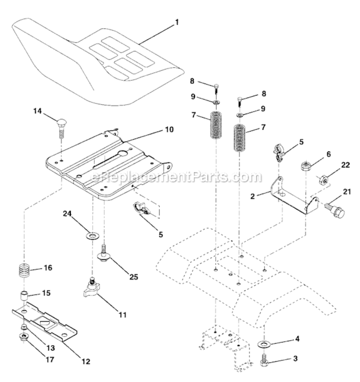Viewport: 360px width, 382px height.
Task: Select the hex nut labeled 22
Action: click(322, 179)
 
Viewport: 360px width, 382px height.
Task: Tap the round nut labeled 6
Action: click(306, 167)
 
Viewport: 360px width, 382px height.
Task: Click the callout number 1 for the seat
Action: click(176, 22)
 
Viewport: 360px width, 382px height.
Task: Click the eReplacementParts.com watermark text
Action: click(176, 177)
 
